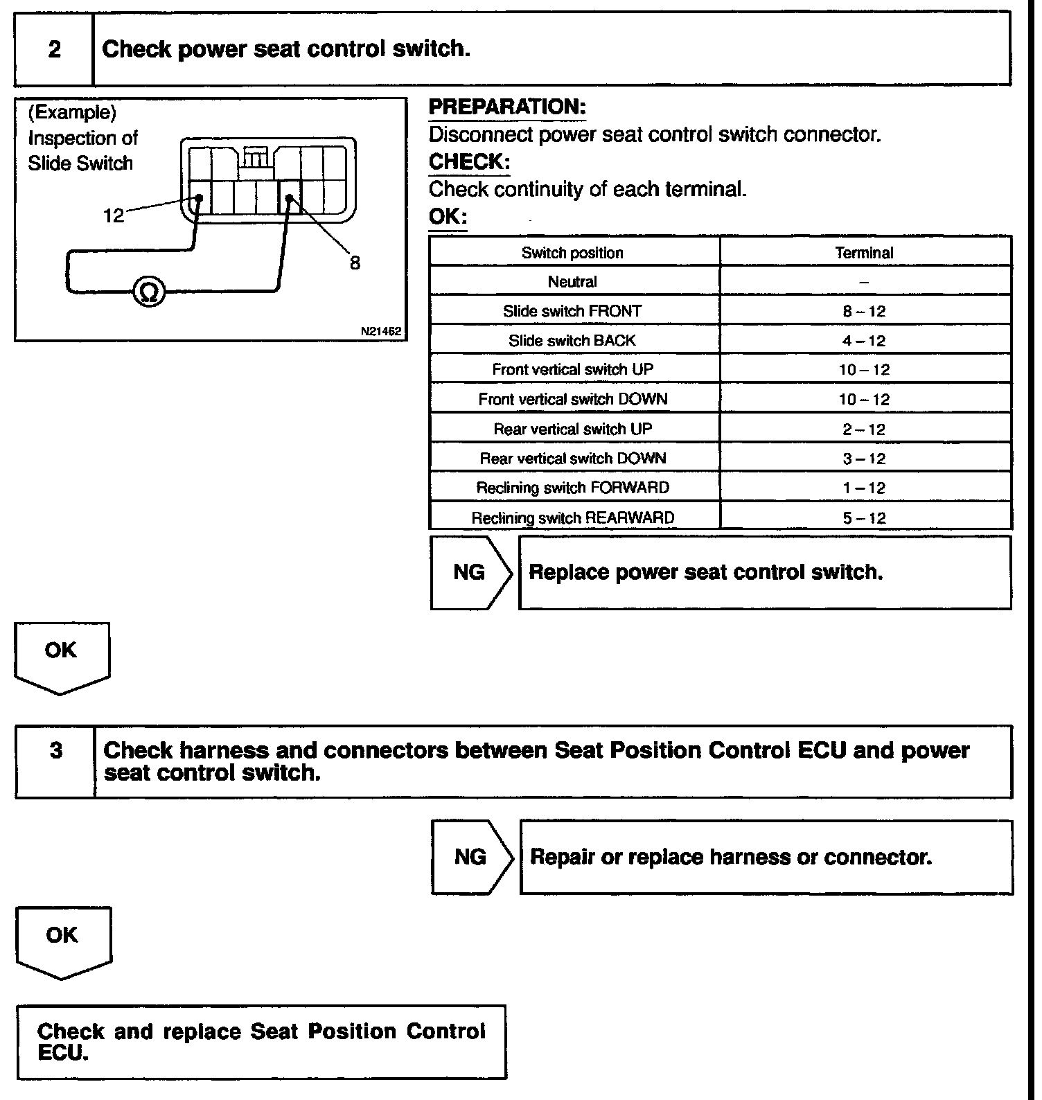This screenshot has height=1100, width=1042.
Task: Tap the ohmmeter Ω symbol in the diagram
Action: coord(149,291)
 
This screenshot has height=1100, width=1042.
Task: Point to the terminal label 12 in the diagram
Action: coord(114,215)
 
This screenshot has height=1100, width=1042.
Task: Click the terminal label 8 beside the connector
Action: coord(355,263)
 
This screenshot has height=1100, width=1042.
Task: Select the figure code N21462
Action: coord(381,331)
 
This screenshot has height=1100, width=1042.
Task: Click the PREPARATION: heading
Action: coord(507,107)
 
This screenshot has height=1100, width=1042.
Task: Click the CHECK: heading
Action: coord(469,162)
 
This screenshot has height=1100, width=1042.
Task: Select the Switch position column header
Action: coord(572,253)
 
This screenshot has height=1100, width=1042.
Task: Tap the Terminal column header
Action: coord(864,253)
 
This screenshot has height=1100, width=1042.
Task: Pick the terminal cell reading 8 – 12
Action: coord(864,312)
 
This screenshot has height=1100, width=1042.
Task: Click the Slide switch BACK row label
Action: coord(572,341)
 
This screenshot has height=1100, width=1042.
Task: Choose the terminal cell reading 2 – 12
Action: coord(864,429)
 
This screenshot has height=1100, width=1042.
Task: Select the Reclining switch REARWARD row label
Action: coord(572,518)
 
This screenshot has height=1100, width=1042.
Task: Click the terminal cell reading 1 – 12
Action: coord(864,488)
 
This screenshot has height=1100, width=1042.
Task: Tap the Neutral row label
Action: coord(572,282)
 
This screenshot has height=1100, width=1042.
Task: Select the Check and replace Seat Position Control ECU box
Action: coord(261,1041)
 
